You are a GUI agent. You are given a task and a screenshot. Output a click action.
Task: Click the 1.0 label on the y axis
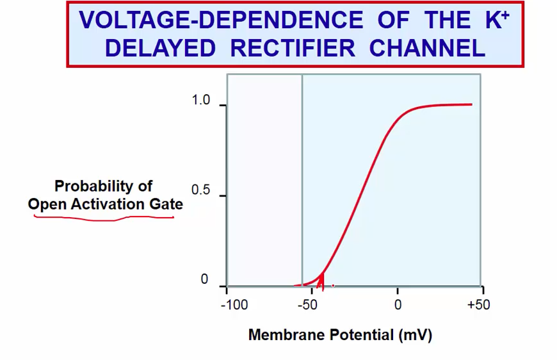click(201, 101)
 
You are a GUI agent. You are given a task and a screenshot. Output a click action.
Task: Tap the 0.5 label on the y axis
click(200, 190)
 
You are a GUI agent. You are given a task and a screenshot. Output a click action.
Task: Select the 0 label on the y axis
click(205, 280)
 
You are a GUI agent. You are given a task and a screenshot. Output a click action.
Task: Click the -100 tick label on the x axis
click(234, 305)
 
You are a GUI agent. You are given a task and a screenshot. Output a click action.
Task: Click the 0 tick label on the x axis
click(398, 305)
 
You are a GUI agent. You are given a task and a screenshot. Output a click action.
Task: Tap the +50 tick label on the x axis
click(478, 305)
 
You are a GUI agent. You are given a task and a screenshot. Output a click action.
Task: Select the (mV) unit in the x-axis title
click(415, 334)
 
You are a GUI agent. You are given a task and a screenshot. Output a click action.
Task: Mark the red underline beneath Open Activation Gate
click(102, 218)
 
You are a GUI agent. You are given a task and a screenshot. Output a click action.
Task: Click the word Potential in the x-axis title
click(355, 334)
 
